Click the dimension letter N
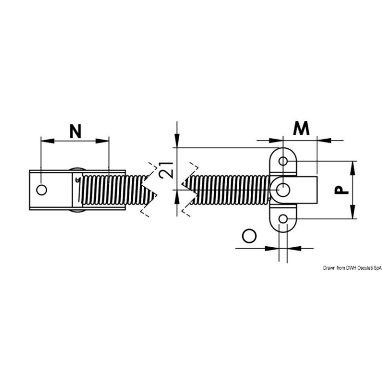[x=75, y=131]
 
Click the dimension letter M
[x=300, y=128]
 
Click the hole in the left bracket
[x=42, y=190]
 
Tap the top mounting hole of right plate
[x=283, y=161]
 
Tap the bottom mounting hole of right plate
[x=283, y=219]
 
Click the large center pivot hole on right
[x=284, y=190]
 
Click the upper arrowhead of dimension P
[x=352, y=164]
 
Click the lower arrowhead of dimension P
[x=352, y=215]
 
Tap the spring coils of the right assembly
[x=229, y=191]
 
